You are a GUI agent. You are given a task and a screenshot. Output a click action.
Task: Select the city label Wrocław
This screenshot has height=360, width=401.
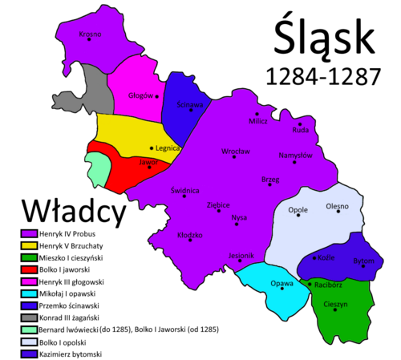(236, 151)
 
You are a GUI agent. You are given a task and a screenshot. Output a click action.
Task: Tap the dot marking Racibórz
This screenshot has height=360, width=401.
(310, 285)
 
